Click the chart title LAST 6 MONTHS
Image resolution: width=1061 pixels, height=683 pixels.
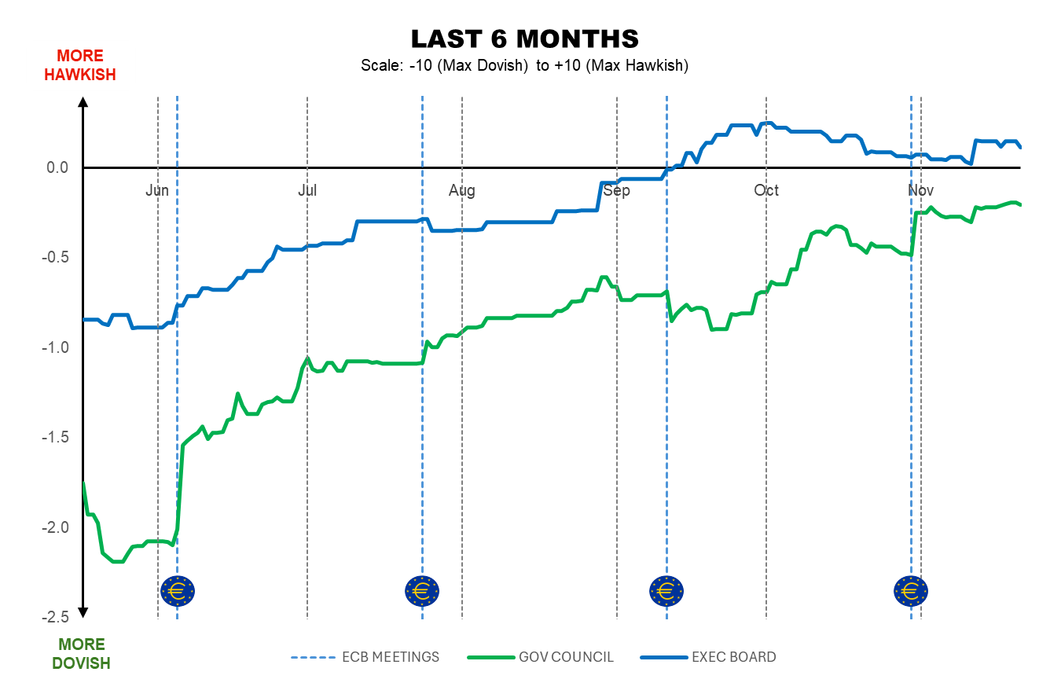click(524, 39)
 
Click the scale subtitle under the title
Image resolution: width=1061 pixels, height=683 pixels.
click(524, 66)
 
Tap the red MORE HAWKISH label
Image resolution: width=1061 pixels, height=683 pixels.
click(80, 65)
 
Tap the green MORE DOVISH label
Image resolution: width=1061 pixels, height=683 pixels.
click(81, 654)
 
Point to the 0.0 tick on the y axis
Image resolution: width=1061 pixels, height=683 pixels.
click(58, 167)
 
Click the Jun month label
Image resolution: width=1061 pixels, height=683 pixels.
click(157, 190)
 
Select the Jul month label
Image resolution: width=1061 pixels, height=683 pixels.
click(307, 190)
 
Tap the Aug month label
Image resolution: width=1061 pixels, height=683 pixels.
click(461, 190)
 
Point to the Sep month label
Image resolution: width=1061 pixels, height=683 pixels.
click(617, 190)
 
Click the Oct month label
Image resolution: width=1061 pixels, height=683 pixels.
click(766, 190)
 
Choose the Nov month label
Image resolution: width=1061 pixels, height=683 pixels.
click(920, 190)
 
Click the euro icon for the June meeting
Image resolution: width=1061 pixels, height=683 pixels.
click(177, 589)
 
